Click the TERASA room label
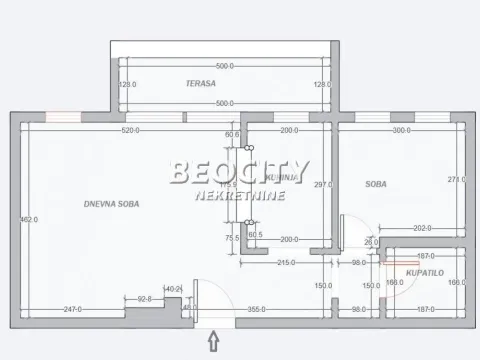pyautogui.click(x=201, y=84)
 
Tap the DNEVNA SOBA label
pyautogui.click(x=112, y=203)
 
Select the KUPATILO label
pyautogui.click(x=424, y=272)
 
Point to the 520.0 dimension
pyautogui.click(x=129, y=131)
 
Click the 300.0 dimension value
pyautogui.click(x=402, y=131)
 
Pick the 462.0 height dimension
pyautogui.click(x=29, y=219)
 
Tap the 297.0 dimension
pyautogui.click(x=322, y=184)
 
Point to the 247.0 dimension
pyautogui.click(x=71, y=310)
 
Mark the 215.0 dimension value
pyautogui.click(x=285, y=262)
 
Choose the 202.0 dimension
pyautogui.click(x=422, y=228)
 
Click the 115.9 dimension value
pyautogui.click(x=229, y=185)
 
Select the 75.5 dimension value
pyautogui.click(x=232, y=238)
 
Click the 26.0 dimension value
pyautogui.click(x=371, y=242)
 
